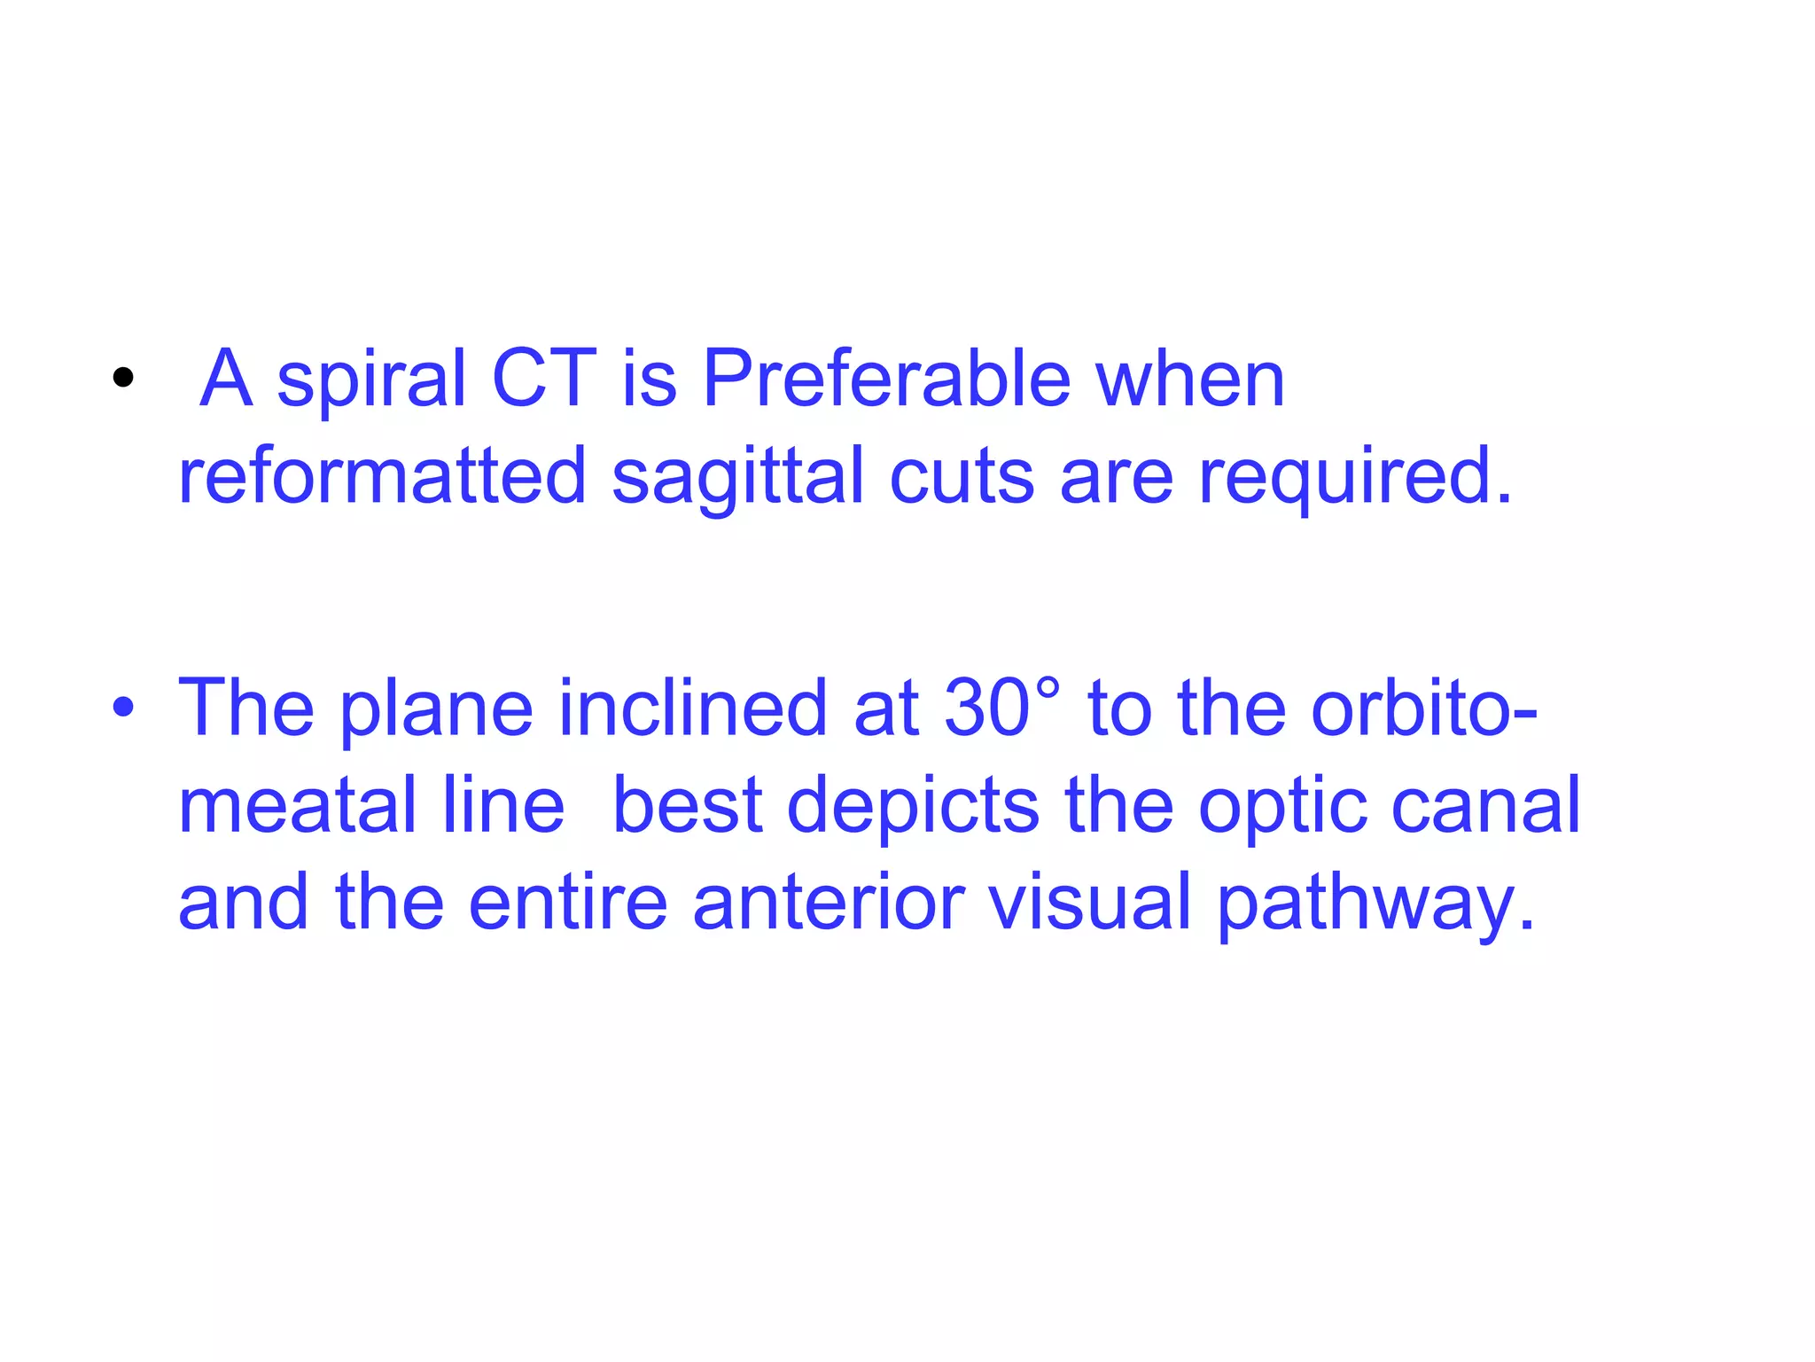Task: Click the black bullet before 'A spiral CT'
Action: [x=123, y=379]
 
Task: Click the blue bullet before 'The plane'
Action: [x=123, y=708]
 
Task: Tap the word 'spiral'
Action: [x=371, y=380]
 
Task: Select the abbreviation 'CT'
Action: [x=544, y=379]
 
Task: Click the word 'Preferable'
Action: [x=887, y=379]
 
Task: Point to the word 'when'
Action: [x=1190, y=379]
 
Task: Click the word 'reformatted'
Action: [x=382, y=476]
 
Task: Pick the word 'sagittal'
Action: [x=737, y=478]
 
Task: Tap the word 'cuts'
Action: [x=962, y=476]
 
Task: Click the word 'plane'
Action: [x=436, y=709]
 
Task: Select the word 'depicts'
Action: [x=913, y=807]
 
